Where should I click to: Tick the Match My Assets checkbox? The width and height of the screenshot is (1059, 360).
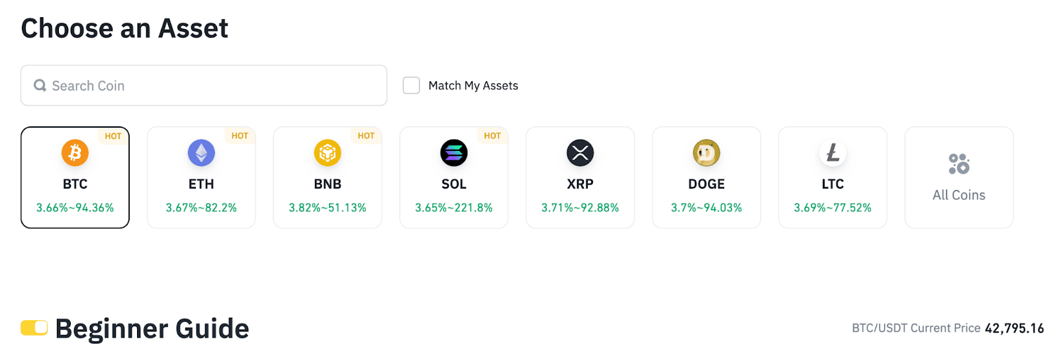411,85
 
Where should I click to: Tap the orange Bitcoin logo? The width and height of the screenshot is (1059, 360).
75,153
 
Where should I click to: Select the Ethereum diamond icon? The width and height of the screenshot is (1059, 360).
201,153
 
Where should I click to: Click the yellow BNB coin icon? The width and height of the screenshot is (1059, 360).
328,153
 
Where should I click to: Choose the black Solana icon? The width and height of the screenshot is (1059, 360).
454,153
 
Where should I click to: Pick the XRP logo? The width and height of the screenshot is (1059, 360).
580,153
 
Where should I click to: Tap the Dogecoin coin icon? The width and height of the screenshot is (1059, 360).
706,153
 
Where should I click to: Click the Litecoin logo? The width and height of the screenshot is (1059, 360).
833,153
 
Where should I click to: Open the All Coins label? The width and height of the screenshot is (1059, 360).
958,195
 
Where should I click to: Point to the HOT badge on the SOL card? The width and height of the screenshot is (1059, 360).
492,136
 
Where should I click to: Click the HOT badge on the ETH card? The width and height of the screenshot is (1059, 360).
240,136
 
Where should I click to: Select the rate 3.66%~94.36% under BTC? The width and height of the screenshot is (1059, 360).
75,208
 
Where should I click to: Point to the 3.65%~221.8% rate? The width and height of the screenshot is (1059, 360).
454,208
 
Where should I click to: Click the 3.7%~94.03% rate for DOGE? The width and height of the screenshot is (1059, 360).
706,208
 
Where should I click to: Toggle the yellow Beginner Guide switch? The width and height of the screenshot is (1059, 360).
34,328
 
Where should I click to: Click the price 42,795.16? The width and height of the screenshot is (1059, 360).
1014,328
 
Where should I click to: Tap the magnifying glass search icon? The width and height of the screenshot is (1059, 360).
40,85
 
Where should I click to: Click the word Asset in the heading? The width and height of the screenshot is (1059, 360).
193,28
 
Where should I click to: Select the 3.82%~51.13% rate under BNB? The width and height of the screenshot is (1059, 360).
328,208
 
